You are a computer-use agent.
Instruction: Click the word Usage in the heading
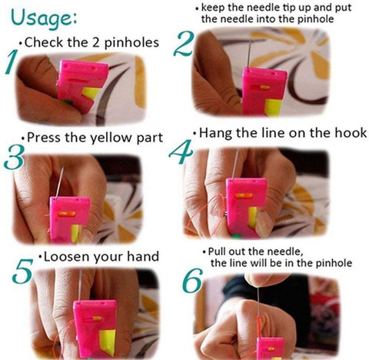pyautogui.click(x=42, y=18)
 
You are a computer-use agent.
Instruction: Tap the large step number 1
pyautogui.click(x=12, y=62)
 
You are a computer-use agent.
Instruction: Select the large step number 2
pyautogui.click(x=184, y=44)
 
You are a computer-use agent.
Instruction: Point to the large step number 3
pyautogui.click(x=14, y=157)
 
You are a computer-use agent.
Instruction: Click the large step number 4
pyautogui.click(x=181, y=152)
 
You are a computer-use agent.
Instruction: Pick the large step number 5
pyautogui.click(x=22, y=271)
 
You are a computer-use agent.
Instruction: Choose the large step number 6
pyautogui.click(x=193, y=281)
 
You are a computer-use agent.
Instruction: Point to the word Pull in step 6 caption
pyautogui.click(x=217, y=252)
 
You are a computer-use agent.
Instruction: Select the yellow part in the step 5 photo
pyautogui.click(x=108, y=342)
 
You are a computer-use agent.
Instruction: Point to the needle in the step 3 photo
pyautogui.click(x=60, y=182)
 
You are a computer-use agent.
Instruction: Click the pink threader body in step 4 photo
pyautogui.click(x=244, y=206)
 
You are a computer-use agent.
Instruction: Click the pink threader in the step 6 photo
pyautogui.click(x=270, y=348)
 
